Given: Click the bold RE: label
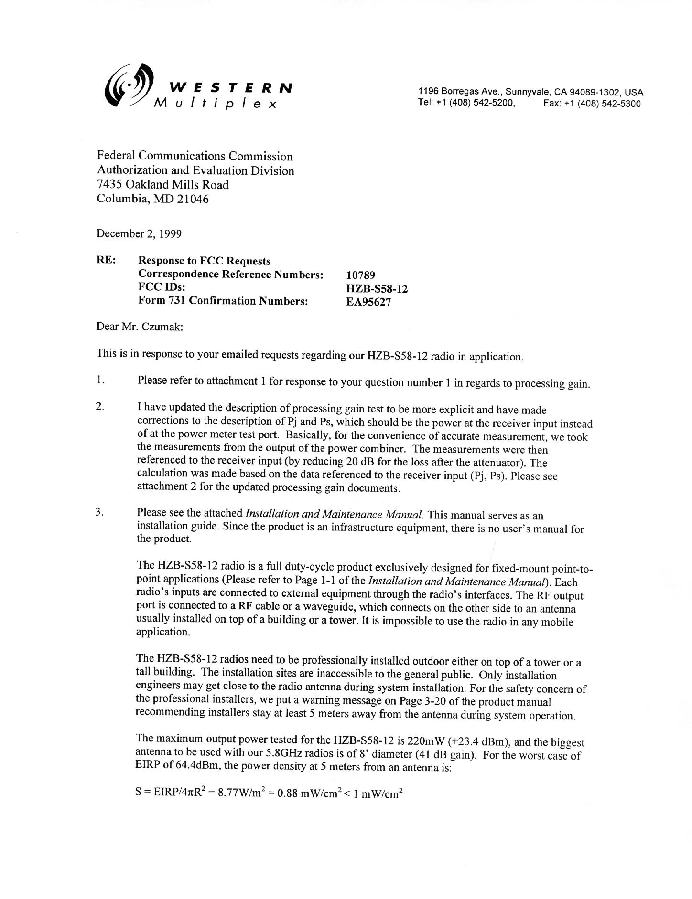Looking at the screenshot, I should (x=106, y=260).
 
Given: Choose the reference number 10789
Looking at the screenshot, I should (x=361, y=275).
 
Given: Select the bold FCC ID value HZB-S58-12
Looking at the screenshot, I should (x=377, y=288).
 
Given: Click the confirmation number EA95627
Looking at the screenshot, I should (x=369, y=302).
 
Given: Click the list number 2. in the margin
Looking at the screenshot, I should (x=100, y=407).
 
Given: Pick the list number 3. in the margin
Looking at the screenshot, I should (x=100, y=513).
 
